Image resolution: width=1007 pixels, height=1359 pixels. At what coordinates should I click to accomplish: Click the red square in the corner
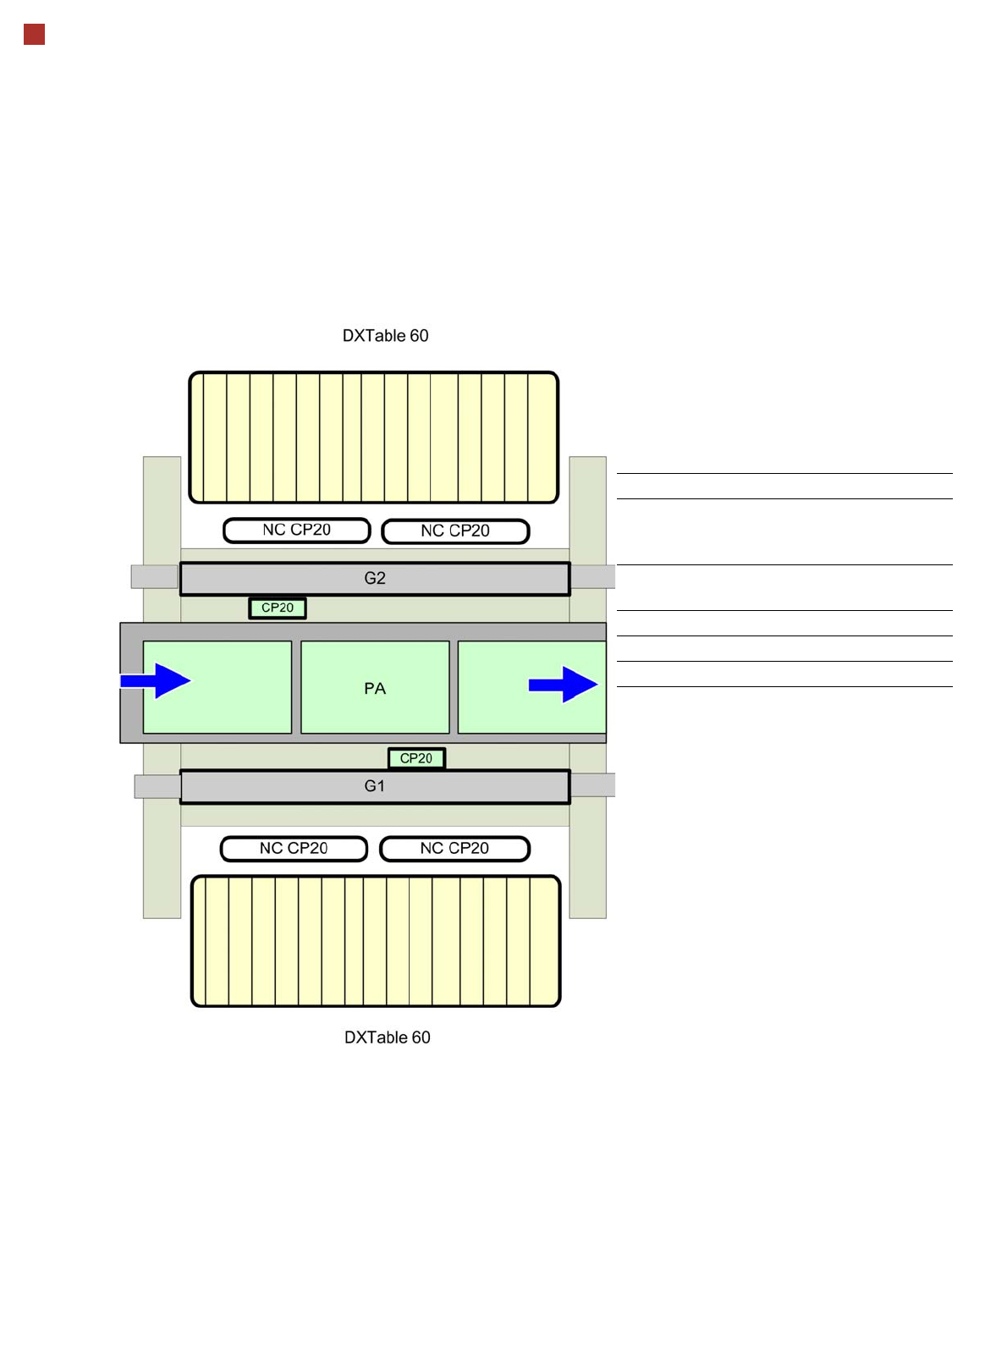coord(34,35)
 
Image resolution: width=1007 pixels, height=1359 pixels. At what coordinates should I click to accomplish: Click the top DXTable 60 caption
coord(385,336)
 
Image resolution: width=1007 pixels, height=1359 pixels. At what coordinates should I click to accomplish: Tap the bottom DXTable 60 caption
coord(387,1037)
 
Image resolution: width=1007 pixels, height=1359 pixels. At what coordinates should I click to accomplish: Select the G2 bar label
coord(375,579)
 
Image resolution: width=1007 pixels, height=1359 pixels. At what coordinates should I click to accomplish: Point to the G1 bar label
coord(375,786)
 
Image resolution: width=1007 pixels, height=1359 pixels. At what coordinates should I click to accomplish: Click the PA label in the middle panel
coord(375,689)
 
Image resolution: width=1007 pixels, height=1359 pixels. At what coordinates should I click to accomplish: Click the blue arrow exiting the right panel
coord(564,685)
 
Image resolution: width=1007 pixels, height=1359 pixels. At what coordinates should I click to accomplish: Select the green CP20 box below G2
coord(278,608)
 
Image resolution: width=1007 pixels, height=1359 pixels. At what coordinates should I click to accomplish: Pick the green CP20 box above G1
coord(416,758)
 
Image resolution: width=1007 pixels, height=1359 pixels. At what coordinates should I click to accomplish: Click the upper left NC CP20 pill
coord(297,531)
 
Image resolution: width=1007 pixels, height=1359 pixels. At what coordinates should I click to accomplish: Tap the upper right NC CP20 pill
coord(455,531)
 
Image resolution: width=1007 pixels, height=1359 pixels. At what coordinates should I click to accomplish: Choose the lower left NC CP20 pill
coord(294,849)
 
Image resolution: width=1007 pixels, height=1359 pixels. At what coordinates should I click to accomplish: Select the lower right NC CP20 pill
coord(454,849)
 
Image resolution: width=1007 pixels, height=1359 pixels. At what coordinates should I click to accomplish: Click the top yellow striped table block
coord(373,437)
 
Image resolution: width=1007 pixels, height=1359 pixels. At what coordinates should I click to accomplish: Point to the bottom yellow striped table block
coord(376,941)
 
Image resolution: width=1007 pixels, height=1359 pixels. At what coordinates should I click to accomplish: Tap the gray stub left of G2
coord(154,576)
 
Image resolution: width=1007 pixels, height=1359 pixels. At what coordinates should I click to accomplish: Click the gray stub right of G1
coord(593,785)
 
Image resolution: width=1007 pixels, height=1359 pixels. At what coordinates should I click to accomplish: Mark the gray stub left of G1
coord(157,787)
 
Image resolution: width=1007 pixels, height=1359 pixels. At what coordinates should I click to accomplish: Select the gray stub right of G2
coord(593,576)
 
